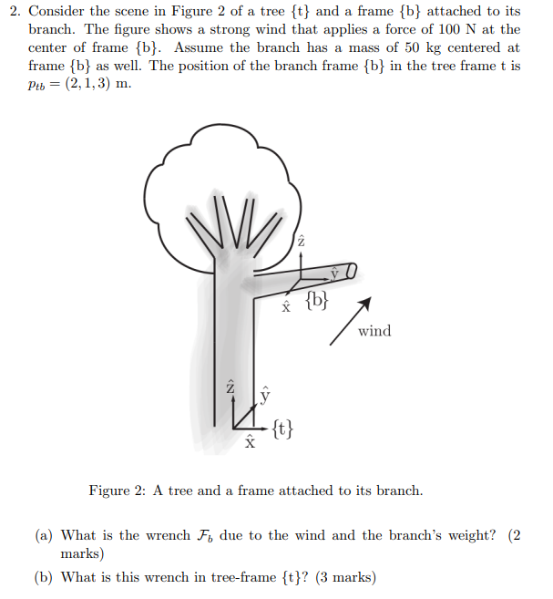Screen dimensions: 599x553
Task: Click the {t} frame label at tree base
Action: coord(282,427)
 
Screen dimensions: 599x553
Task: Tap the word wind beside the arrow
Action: coord(374,331)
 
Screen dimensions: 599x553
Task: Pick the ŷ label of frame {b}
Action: coord(334,272)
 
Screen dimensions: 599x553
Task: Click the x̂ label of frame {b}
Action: coord(286,306)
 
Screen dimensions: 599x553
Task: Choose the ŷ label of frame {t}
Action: coord(265,394)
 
